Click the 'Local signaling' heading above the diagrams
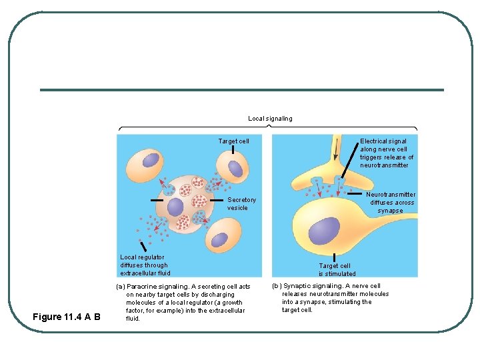click(270, 119)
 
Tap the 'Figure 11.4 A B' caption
click(66, 317)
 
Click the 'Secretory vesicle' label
click(241, 203)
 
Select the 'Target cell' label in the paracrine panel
click(233, 141)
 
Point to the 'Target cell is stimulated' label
click(337, 269)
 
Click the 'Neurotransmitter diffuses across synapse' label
click(392, 203)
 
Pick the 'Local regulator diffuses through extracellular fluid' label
click(145, 265)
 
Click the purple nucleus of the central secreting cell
click(175, 207)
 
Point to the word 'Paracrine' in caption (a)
click(141, 287)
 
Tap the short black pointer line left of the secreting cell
click(157, 199)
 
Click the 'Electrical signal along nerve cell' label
click(387, 153)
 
